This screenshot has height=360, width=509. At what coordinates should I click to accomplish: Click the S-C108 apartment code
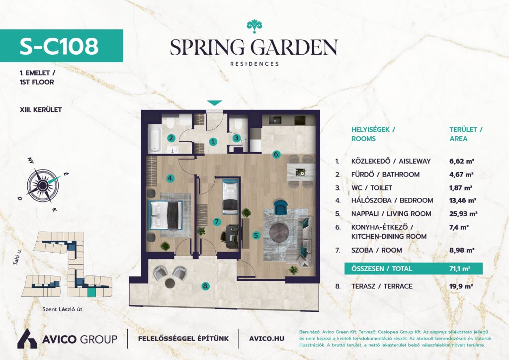point(59,46)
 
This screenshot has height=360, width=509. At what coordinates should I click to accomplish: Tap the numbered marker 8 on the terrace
point(205,286)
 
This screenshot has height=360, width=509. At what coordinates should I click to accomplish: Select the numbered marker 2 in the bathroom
point(171,138)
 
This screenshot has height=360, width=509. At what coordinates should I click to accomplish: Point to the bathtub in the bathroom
point(155,139)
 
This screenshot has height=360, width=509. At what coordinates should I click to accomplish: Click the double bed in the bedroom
point(165,215)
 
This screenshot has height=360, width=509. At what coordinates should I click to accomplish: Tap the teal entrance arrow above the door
point(215,103)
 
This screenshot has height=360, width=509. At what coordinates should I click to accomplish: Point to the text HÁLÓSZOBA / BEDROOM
point(392,200)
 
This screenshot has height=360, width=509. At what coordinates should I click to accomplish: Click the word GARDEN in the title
point(295,47)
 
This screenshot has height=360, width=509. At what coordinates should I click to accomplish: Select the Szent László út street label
point(62,309)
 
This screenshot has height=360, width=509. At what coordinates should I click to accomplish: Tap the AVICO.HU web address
point(266,339)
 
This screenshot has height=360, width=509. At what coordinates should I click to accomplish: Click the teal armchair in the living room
point(281,207)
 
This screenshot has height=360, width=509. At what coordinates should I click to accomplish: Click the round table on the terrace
point(170,283)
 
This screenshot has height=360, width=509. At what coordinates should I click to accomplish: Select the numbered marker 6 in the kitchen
point(276,154)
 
